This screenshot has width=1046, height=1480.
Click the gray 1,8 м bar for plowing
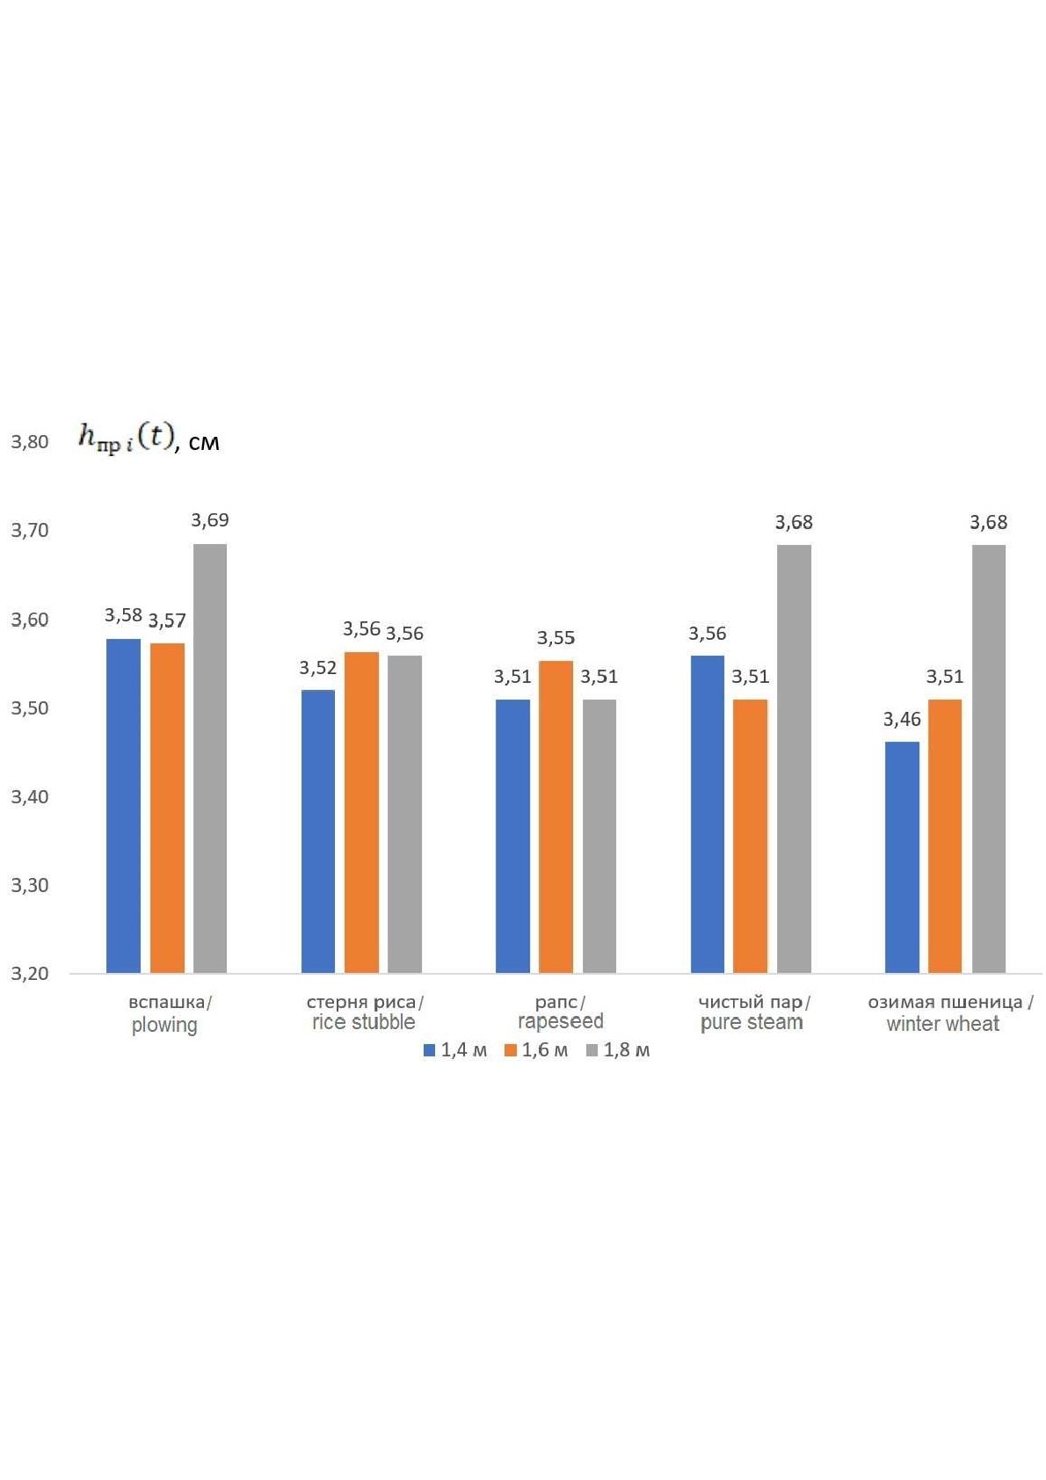click(209, 758)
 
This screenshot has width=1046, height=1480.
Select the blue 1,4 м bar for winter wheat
click(901, 857)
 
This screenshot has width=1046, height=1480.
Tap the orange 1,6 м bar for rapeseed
click(556, 816)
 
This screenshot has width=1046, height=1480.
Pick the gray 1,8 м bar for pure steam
click(794, 758)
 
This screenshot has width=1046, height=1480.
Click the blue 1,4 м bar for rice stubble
click(318, 831)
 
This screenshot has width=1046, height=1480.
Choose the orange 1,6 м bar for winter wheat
click(945, 836)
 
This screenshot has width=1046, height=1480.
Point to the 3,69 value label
click(210, 520)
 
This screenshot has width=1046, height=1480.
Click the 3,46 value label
click(902, 719)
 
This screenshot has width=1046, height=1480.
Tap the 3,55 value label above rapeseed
click(556, 638)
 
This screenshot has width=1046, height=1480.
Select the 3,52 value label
click(318, 668)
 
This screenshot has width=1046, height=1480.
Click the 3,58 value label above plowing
click(124, 616)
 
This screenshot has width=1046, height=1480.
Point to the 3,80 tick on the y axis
click(30, 442)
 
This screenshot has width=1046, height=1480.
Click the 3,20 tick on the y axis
click(30, 974)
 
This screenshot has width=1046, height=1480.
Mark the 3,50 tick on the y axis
click(30, 708)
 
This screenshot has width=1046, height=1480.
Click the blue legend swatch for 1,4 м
click(429, 1050)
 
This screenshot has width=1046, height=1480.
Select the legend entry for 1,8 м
click(618, 1050)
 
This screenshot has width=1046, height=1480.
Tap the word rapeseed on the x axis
click(560, 1021)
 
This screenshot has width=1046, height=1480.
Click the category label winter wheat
click(943, 1024)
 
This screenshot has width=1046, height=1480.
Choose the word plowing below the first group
click(164, 1026)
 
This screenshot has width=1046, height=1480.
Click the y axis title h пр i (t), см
click(149, 439)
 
